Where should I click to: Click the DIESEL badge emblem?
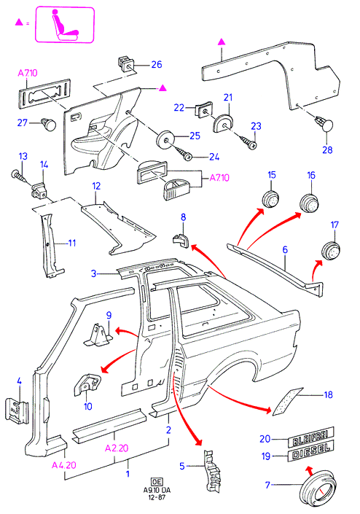point(310,451)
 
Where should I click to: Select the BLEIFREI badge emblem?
point(311,437)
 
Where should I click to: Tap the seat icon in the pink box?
point(65,26)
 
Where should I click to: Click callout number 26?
point(157,64)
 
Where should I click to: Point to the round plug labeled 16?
point(309,202)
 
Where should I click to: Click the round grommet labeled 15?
point(271,198)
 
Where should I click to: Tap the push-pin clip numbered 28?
point(324,124)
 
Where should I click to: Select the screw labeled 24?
point(185,153)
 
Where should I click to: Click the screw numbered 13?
point(19,176)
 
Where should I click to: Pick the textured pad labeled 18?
point(288,402)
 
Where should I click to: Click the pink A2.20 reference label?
point(117,448)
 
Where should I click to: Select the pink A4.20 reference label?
point(64,465)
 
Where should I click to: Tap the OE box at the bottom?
point(156,481)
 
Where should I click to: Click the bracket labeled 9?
point(98,335)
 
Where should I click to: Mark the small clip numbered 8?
point(181,241)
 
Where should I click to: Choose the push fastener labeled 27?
point(48,125)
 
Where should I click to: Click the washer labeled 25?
point(165,140)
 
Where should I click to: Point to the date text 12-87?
point(157,497)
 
